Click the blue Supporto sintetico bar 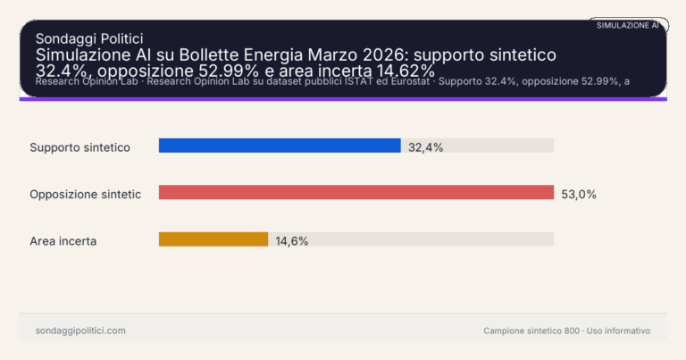(279, 146)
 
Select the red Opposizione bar (356, 192)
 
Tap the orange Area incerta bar (213, 239)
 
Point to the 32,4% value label (425, 147)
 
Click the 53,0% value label (578, 193)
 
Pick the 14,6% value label (291, 240)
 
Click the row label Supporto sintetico (80, 147)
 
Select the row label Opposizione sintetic (85, 194)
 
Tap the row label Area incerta (63, 240)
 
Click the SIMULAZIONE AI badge (627, 25)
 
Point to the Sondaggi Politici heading (89, 38)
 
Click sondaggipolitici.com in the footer (80, 331)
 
